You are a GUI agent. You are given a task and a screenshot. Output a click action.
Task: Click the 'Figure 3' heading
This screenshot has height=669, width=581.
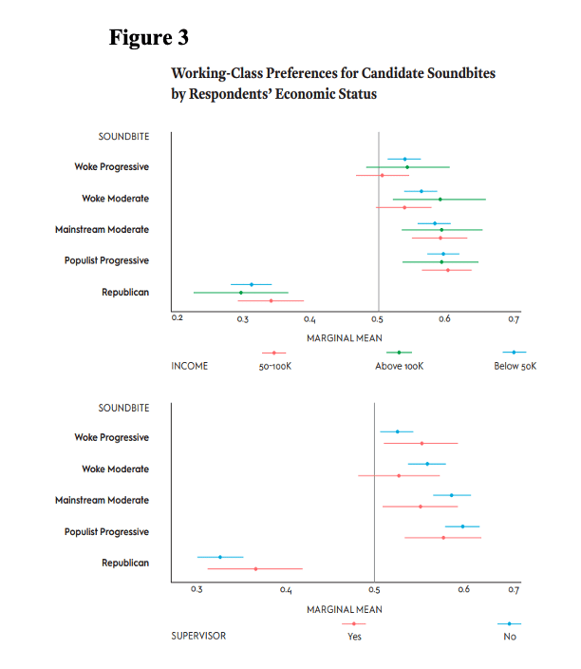click(148, 37)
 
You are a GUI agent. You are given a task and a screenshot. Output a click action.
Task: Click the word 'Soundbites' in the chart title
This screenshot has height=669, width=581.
click(461, 73)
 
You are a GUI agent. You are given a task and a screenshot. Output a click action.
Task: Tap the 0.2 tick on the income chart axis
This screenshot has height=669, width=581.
click(177, 317)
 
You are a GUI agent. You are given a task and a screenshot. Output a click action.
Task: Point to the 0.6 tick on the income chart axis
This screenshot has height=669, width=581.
click(444, 318)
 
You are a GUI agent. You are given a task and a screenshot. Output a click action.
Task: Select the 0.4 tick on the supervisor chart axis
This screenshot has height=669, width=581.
click(286, 589)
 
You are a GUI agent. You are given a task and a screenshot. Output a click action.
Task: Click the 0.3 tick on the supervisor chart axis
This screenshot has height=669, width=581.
click(197, 589)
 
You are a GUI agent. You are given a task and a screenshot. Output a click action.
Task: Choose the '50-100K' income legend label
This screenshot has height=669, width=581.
click(275, 367)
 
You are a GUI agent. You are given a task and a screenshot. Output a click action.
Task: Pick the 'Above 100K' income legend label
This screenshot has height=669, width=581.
click(400, 366)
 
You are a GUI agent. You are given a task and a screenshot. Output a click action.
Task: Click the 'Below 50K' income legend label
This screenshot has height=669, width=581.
click(515, 366)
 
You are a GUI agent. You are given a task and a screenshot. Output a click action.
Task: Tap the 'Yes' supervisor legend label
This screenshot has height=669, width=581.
click(354, 637)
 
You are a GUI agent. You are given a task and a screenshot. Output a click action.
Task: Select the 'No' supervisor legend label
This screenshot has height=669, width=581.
click(510, 637)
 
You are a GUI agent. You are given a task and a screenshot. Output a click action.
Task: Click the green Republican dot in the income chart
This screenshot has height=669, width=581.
click(241, 293)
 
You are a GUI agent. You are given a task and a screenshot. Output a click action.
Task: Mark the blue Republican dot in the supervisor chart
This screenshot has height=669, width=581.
click(220, 557)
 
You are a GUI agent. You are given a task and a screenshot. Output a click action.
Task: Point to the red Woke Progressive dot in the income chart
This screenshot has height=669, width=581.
click(382, 176)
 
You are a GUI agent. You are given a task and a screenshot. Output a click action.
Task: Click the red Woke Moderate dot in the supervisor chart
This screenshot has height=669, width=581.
click(399, 476)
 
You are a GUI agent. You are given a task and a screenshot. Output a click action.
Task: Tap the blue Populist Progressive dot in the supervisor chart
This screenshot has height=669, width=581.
click(462, 526)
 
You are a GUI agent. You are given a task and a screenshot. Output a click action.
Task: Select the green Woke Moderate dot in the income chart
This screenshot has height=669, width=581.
click(440, 200)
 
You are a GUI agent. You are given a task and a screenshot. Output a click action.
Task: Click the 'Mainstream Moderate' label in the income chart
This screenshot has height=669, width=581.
click(102, 230)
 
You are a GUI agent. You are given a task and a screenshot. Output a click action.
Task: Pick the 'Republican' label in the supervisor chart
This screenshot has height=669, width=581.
click(125, 564)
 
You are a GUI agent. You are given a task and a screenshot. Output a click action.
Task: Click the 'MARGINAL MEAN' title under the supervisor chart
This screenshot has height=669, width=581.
click(345, 610)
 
